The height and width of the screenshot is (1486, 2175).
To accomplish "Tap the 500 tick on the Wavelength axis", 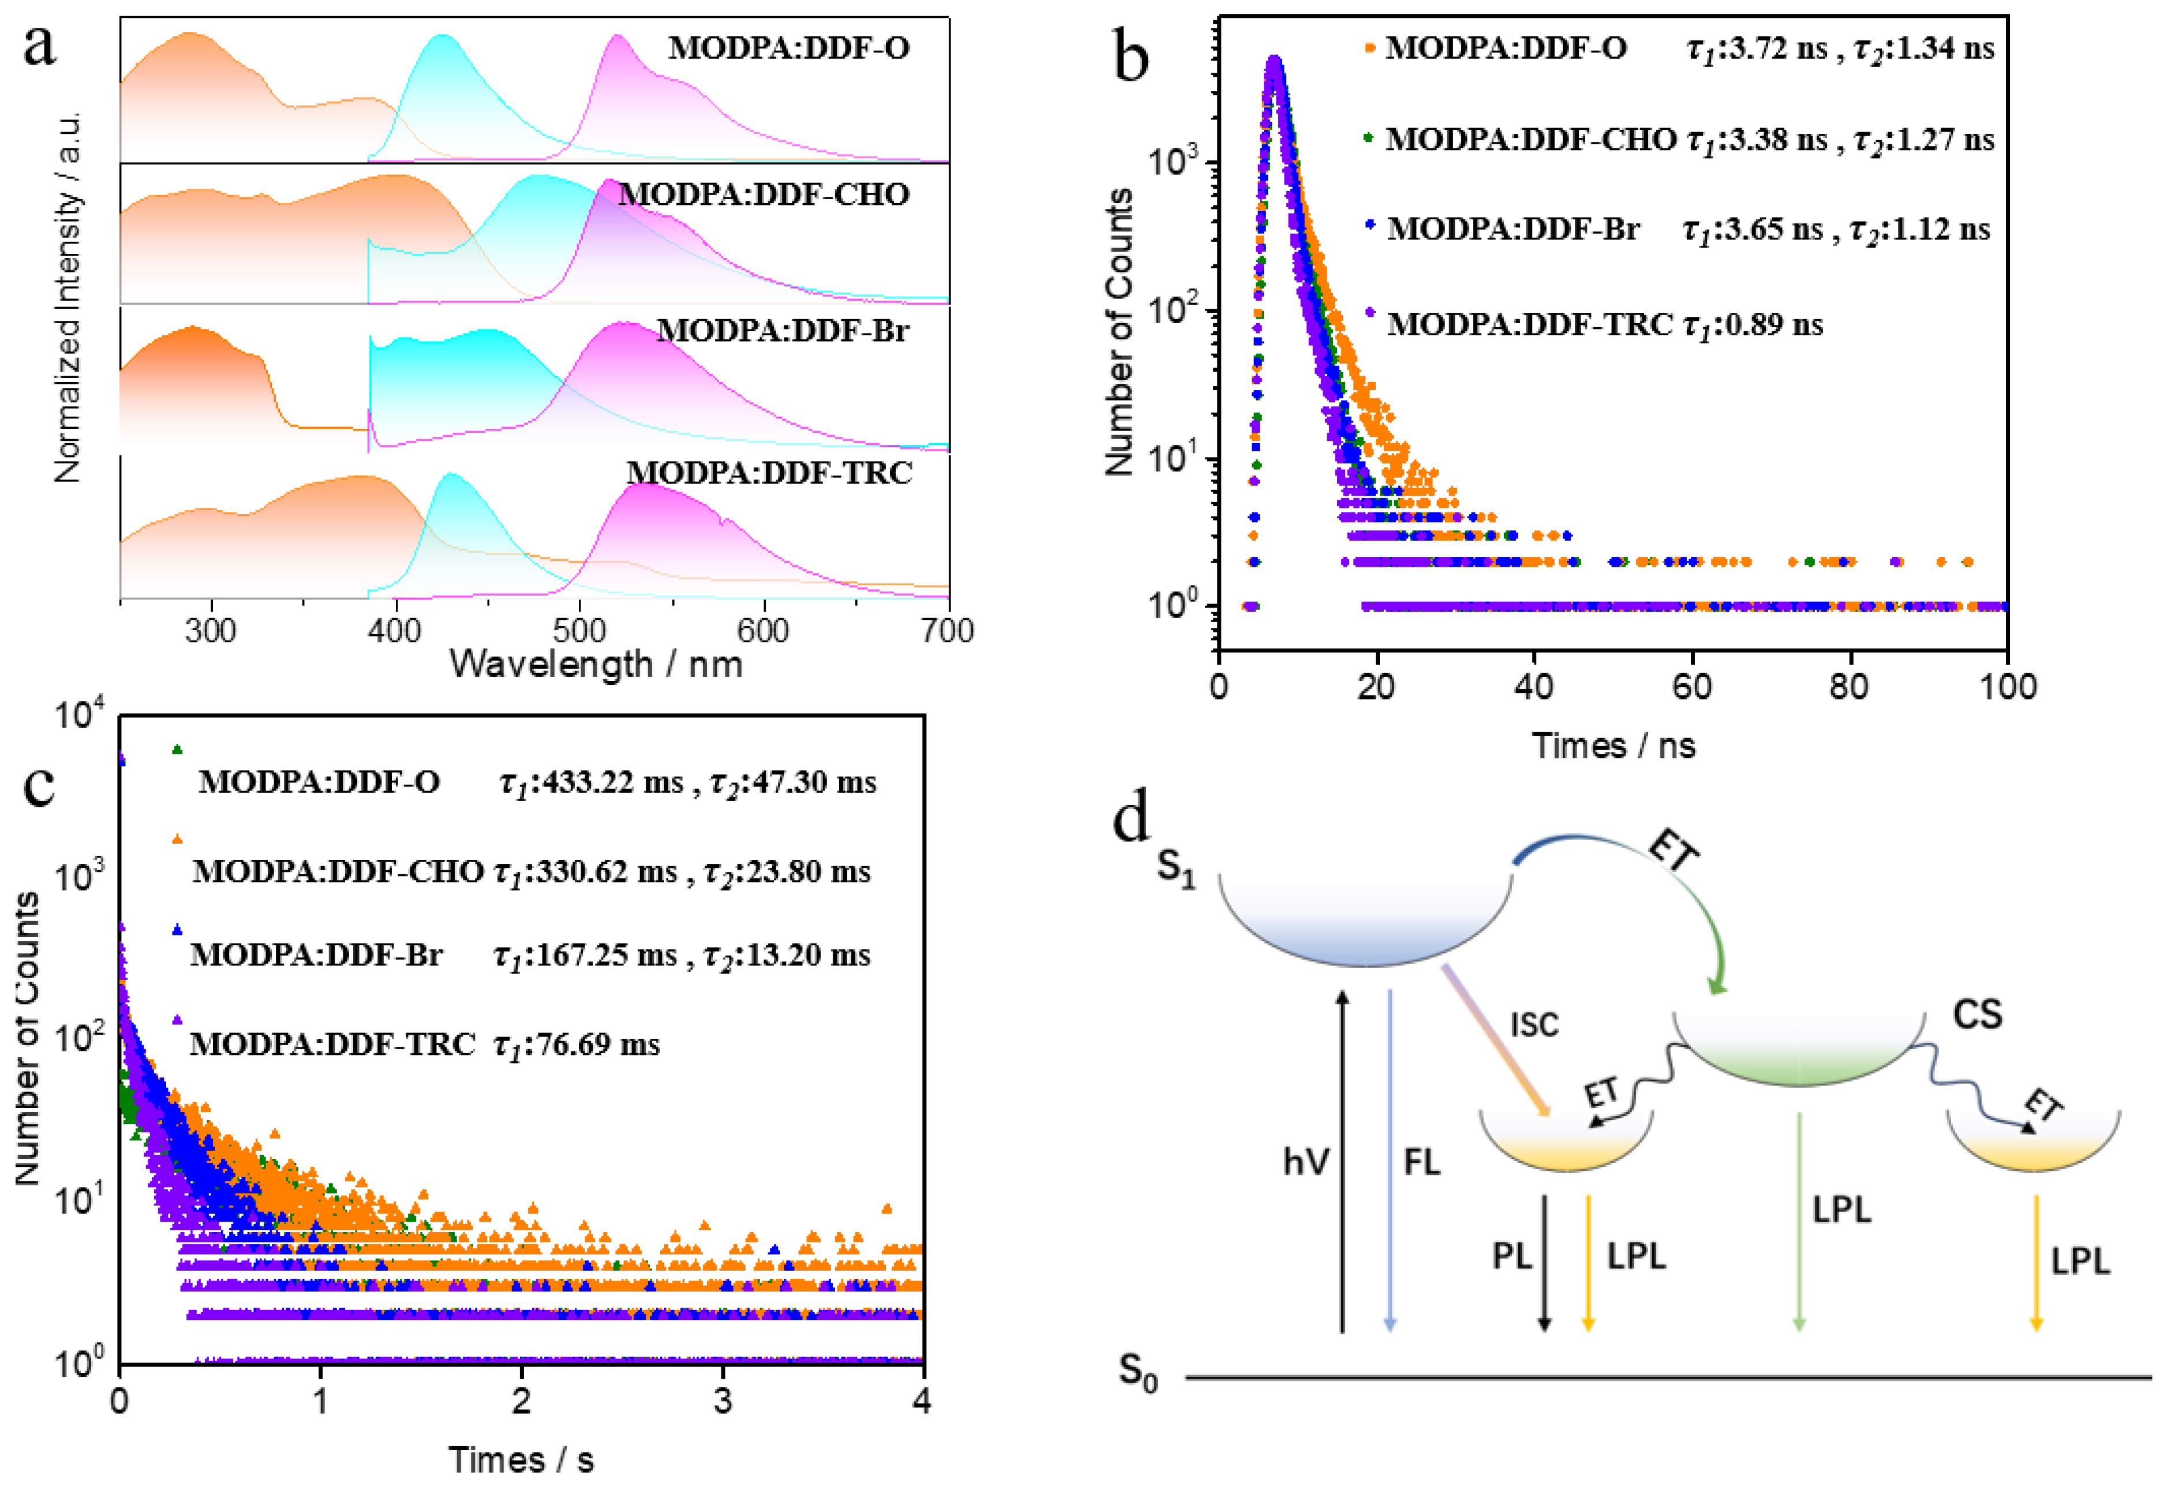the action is coord(580,631).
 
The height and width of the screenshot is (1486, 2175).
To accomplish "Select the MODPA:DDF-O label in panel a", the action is coord(788,48).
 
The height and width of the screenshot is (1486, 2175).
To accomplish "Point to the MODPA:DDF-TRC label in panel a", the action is coord(769,473).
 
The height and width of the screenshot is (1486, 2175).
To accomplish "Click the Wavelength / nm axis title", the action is coord(596,664).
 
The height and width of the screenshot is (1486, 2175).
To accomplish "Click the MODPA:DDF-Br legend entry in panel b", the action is coord(1513,229).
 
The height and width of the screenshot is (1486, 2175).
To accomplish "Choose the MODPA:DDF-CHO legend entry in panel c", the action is coord(338,872).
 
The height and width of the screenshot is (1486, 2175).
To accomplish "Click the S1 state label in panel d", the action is coord(1176,866).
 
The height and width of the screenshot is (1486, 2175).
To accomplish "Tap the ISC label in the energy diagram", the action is coord(1534,1025).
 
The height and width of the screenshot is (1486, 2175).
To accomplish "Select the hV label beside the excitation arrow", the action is coord(1305,1162).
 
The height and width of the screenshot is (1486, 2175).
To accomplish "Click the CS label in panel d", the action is coord(1976,1015).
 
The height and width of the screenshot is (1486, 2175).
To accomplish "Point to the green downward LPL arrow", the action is coord(1798,1221).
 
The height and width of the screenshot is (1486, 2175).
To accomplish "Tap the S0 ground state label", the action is coord(1138,1373).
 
